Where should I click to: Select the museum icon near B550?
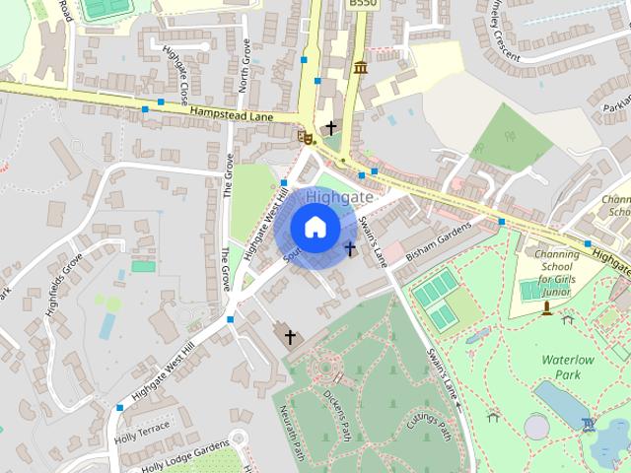point(360,67)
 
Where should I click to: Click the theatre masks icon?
point(306,138)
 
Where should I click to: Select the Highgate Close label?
point(176,78)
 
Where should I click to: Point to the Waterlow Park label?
point(568,368)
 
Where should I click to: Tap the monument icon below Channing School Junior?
point(546,308)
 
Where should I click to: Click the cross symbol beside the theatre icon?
point(331,128)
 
